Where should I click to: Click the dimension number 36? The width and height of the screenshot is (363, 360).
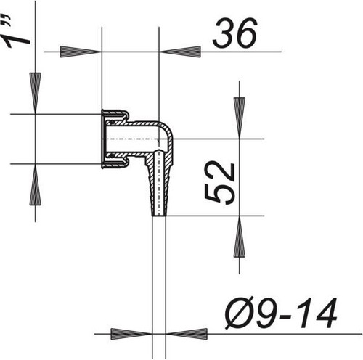click(x=234, y=33)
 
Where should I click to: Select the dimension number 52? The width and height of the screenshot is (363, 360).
click(x=219, y=184)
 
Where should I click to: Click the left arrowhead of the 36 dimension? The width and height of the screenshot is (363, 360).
click(x=81, y=52)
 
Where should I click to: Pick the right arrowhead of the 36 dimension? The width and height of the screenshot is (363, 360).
click(x=180, y=52)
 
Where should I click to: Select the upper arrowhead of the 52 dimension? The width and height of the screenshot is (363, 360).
click(x=240, y=118)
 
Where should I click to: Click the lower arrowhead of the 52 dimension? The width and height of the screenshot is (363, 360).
click(x=240, y=237)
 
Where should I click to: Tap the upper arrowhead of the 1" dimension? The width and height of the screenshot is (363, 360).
click(x=36, y=93)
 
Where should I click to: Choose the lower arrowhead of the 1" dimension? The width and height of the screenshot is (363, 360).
click(x=36, y=184)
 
